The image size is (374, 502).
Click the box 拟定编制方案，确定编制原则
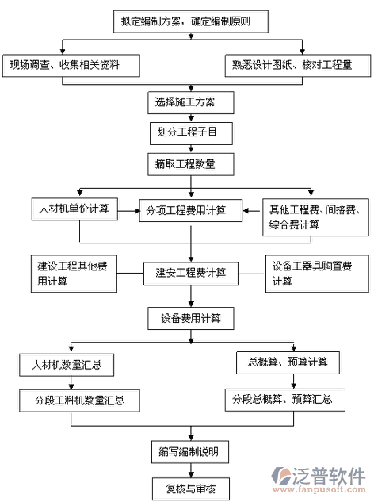pyautogui.click(x=191, y=21)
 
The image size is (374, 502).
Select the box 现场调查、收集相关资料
pyautogui.click(x=71, y=65)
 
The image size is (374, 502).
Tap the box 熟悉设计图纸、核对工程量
pyautogui.click(x=298, y=65)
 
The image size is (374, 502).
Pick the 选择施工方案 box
pyautogui.click(x=191, y=102)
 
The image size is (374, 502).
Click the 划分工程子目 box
pyautogui.click(x=191, y=133)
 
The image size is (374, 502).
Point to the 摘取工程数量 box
pyautogui.click(x=191, y=164)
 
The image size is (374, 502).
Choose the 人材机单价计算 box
pyautogui.click(x=74, y=209)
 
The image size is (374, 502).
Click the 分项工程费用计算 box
pyautogui.click(x=191, y=210)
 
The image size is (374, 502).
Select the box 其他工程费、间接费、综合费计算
pyautogui.click(x=315, y=217)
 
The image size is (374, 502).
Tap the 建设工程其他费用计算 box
pyautogui.click(x=74, y=274)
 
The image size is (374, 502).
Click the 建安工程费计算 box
pyautogui.click(x=191, y=274)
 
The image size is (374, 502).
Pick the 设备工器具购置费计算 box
pyautogui.click(x=317, y=274)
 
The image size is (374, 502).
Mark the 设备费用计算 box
pyautogui.click(x=191, y=319)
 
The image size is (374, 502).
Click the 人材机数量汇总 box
pyautogui.click(x=67, y=365)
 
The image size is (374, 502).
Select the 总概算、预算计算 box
pyautogui.click(x=288, y=362)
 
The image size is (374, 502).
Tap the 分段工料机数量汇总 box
pyautogui.click(x=79, y=400)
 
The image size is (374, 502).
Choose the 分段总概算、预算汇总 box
pyautogui.click(x=285, y=400)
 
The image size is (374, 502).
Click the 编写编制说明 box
pyautogui.click(x=190, y=452)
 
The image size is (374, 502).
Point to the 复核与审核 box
pyautogui.click(x=191, y=489)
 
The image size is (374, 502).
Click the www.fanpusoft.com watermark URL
pyautogui.click(x=319, y=489)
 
